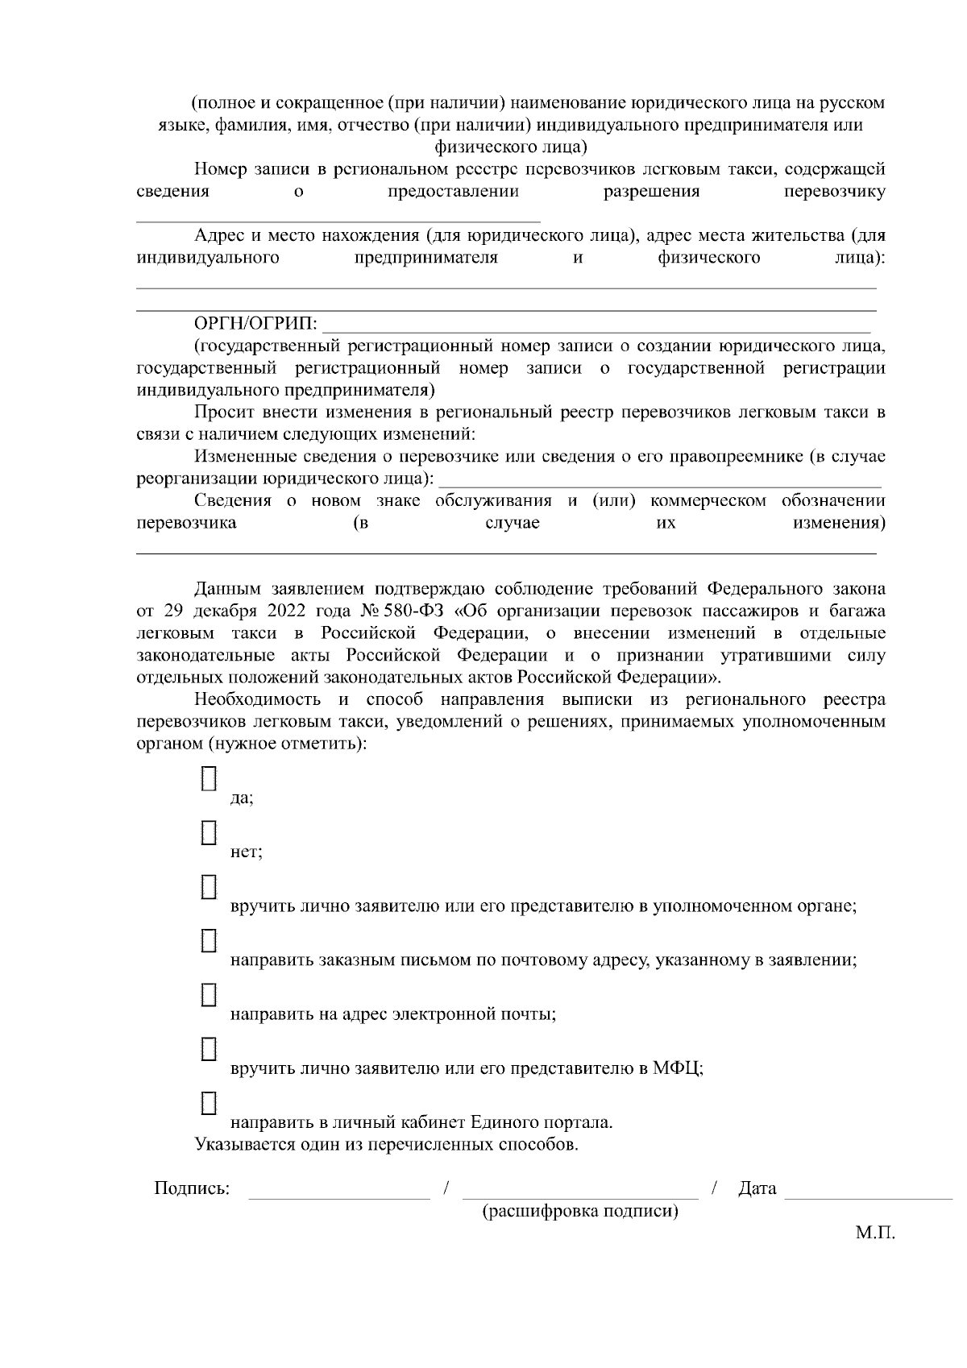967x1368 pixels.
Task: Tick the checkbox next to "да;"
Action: tap(209, 778)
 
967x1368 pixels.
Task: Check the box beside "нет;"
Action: tap(209, 832)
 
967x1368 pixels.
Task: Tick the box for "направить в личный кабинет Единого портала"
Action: tap(209, 1102)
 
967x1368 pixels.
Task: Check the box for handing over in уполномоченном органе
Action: tap(209, 886)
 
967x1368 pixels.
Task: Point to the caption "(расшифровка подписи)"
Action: tap(579, 1211)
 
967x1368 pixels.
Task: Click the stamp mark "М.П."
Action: tap(875, 1233)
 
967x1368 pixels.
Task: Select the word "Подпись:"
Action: tap(192, 1188)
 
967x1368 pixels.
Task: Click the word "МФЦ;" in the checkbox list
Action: tap(678, 1069)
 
